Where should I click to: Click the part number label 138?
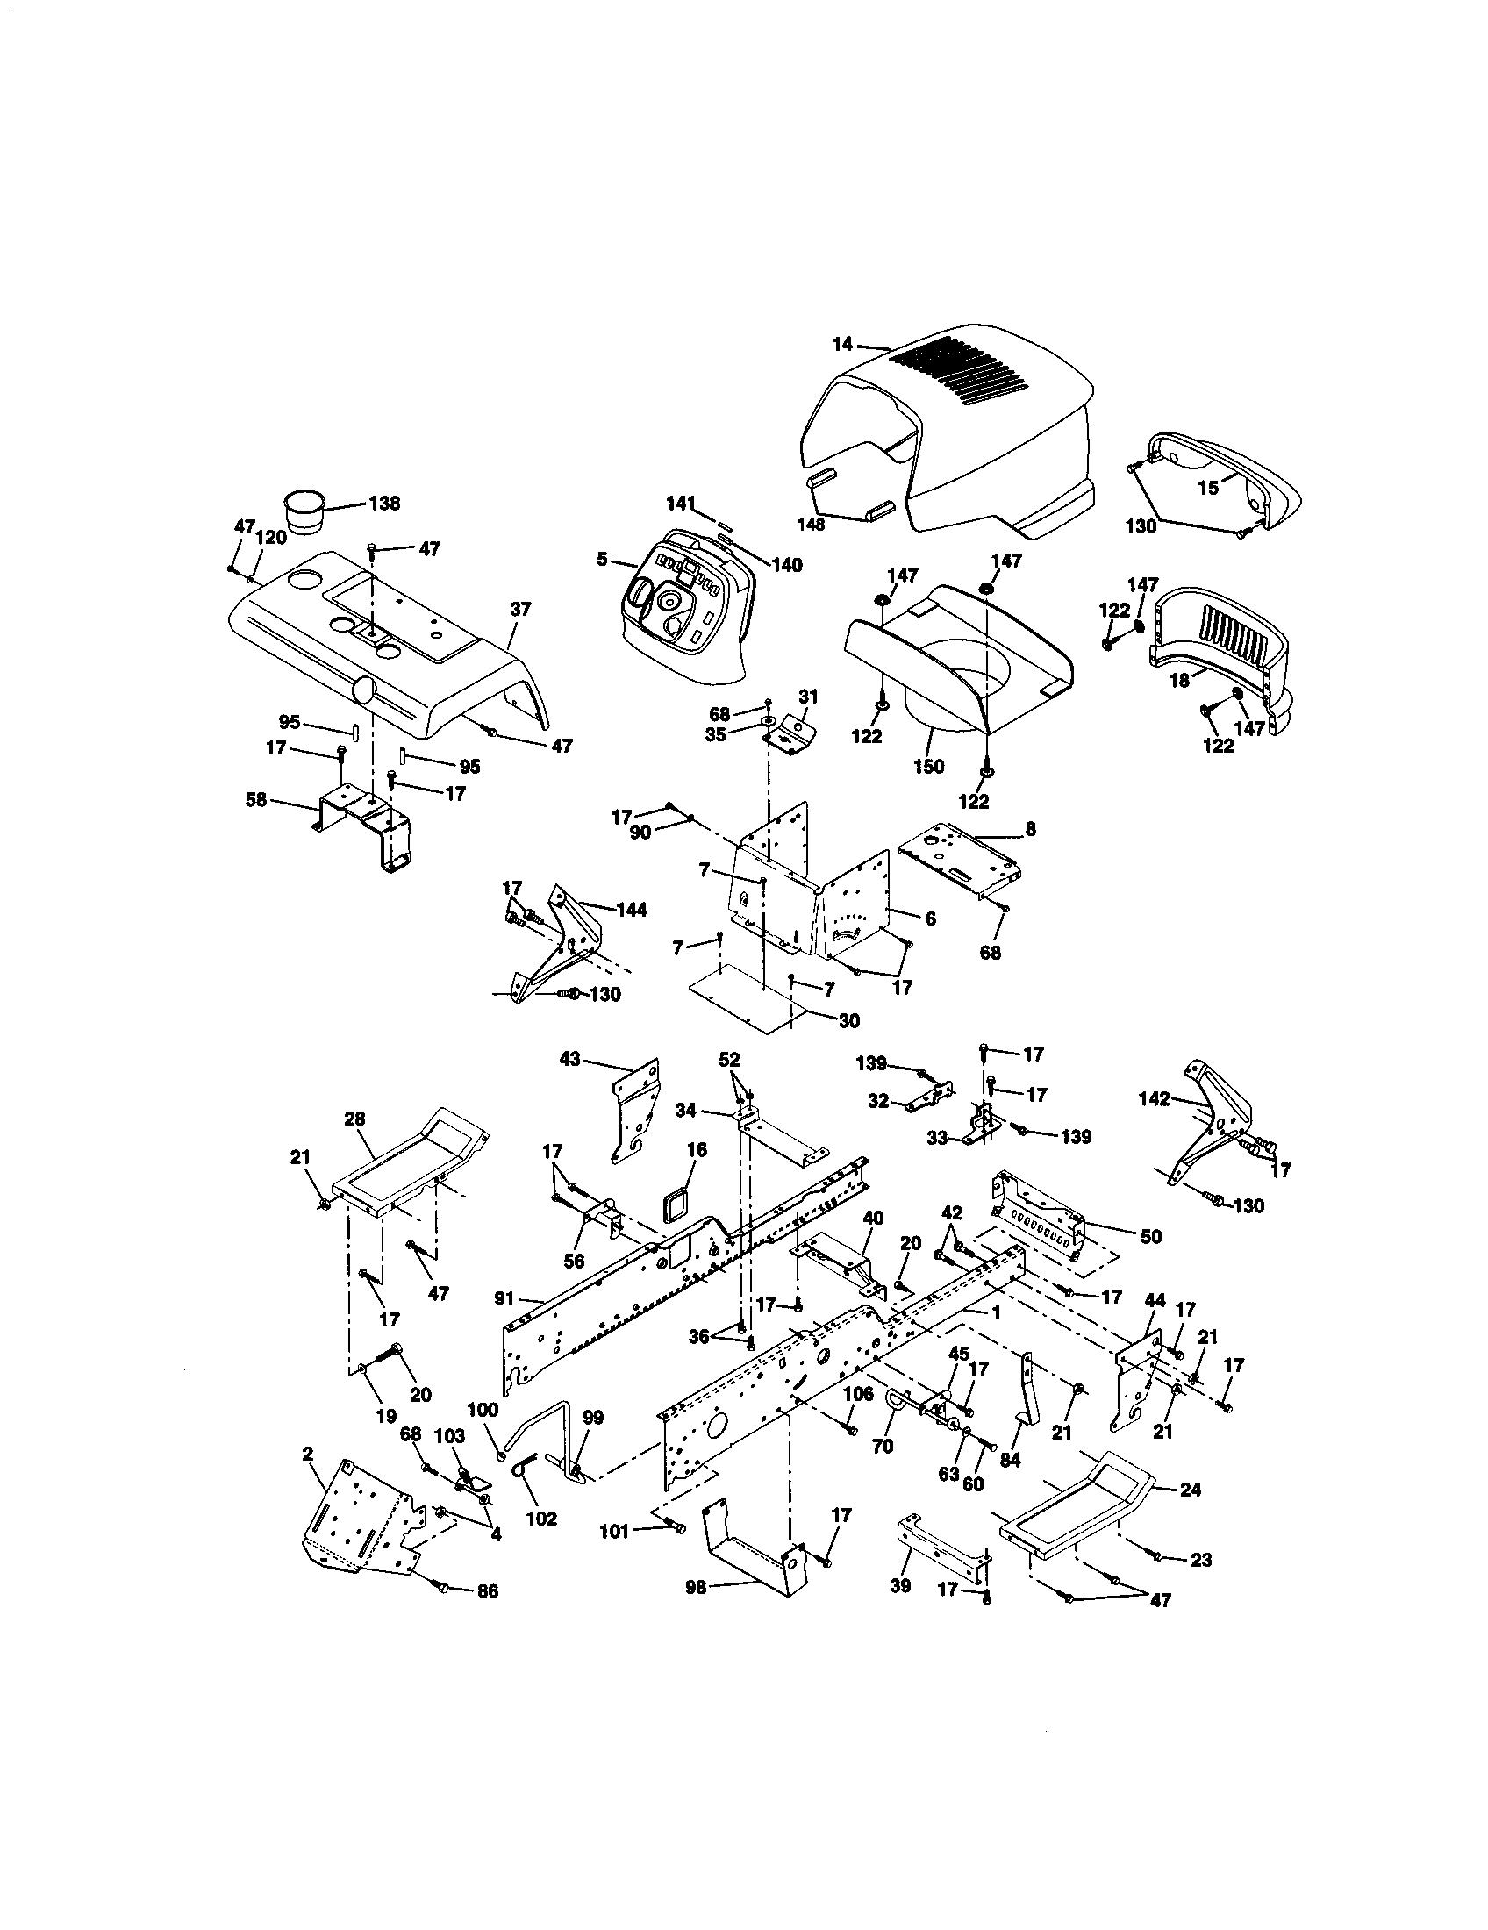pyautogui.click(x=383, y=504)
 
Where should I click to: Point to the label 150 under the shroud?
pyautogui.click(x=928, y=766)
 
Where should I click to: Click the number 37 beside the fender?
pyautogui.click(x=521, y=609)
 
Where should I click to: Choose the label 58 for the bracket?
pyautogui.click(x=256, y=802)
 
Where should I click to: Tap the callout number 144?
pyautogui.click(x=632, y=910)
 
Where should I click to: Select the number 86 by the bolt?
pyautogui.click(x=487, y=1591)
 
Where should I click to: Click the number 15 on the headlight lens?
pyautogui.click(x=1208, y=487)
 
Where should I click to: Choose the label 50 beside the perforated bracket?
pyautogui.click(x=1150, y=1236)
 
